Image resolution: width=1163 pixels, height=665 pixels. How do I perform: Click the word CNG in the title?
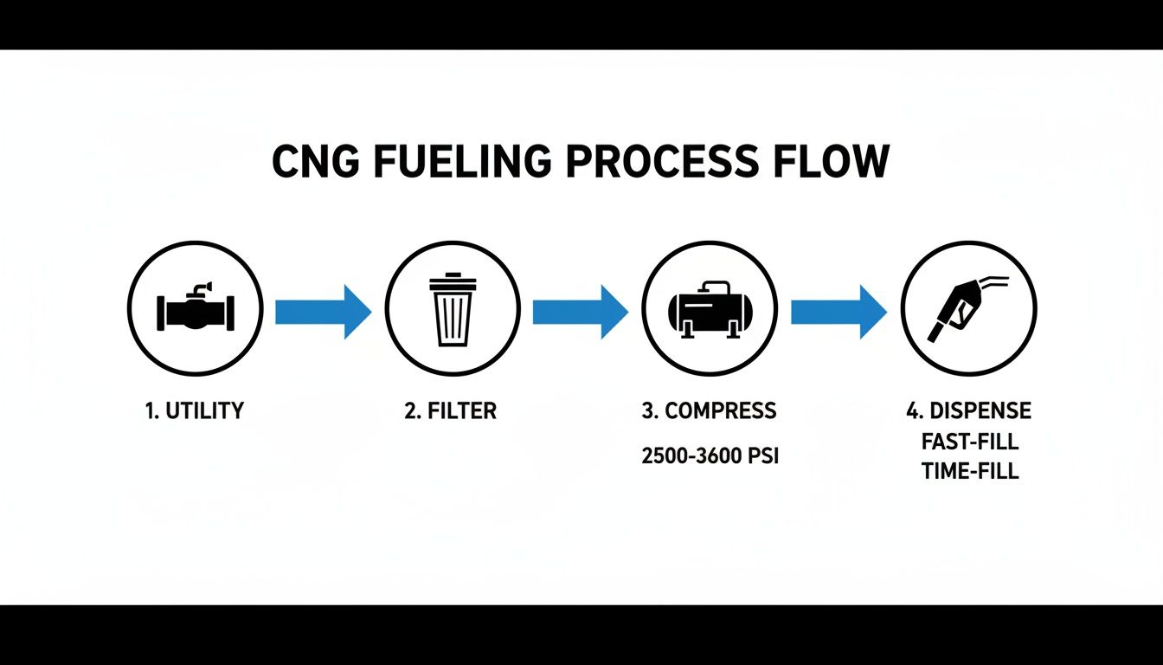(x=317, y=162)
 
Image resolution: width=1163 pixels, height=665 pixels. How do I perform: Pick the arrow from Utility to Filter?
(x=323, y=310)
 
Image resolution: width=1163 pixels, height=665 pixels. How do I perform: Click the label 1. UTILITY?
(x=195, y=410)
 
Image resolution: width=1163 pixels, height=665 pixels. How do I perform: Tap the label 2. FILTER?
(x=451, y=410)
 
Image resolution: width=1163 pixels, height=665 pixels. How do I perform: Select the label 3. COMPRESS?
(x=710, y=410)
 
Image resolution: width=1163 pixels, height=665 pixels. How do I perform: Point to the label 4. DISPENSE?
(x=968, y=410)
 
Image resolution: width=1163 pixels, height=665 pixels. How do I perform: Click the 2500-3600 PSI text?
(x=710, y=456)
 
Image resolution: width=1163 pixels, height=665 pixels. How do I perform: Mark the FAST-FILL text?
(x=970, y=442)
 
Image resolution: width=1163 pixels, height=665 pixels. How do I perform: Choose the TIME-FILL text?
(x=970, y=472)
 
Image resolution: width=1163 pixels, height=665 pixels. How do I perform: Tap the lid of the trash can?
(x=453, y=281)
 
